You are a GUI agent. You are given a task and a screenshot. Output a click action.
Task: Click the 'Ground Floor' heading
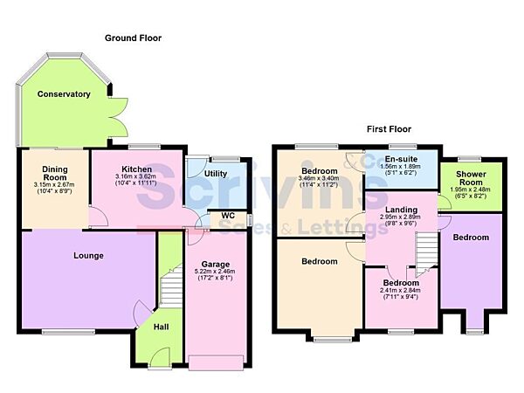pos(133,38)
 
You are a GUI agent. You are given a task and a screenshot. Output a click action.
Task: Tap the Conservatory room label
pos(64,94)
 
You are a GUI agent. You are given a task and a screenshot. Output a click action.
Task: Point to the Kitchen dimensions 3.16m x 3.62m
pos(137,180)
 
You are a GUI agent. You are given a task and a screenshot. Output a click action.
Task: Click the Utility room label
pos(215,174)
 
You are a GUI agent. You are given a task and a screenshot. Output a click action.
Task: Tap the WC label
pos(228,215)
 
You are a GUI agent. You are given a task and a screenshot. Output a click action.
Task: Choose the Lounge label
pos(89,256)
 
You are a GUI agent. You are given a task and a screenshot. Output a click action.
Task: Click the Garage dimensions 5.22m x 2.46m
pos(216,272)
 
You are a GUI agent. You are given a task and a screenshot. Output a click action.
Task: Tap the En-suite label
pos(403,159)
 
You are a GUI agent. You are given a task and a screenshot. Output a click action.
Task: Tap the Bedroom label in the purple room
pos(471,238)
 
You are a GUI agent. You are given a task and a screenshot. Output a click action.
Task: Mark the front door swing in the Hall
pos(157,356)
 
